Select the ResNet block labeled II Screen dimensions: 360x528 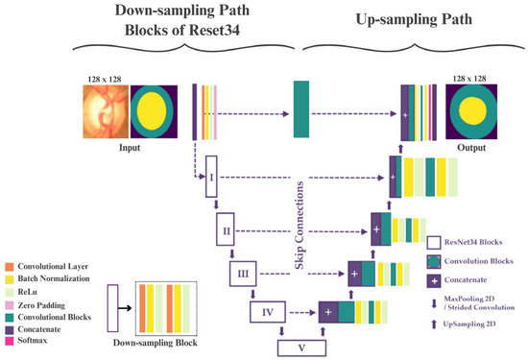tap(228, 231)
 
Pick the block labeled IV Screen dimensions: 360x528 tap(268, 311)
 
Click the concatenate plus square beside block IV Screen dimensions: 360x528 tap(326, 311)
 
